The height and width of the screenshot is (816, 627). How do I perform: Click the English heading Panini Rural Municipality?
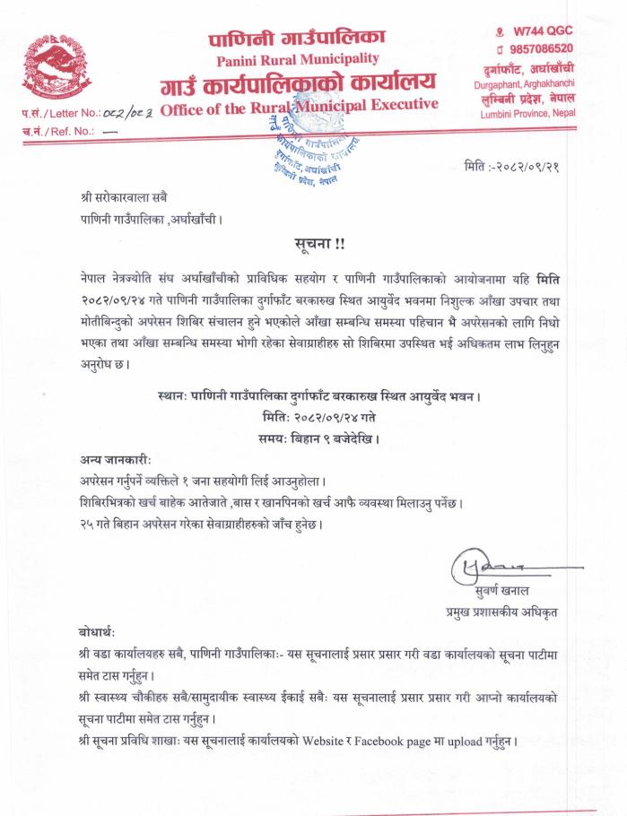[298, 59]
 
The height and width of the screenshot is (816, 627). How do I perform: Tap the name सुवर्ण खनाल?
[504, 592]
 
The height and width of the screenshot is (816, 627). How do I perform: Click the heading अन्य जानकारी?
[109, 460]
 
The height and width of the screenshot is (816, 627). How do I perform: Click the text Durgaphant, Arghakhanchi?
[525, 82]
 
